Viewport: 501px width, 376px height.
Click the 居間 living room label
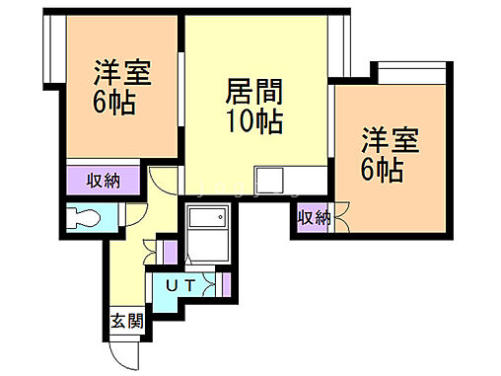pyautogui.click(x=255, y=94)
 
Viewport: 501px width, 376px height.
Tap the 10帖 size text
pyautogui.click(x=255, y=122)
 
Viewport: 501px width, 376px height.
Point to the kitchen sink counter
pyautogui.click(x=268, y=181)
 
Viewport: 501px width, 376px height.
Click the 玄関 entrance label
pyautogui.click(x=126, y=321)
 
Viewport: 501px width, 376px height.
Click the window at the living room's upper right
pyautogui.click(x=339, y=45)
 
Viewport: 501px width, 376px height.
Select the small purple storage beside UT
pyautogui.click(x=226, y=285)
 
